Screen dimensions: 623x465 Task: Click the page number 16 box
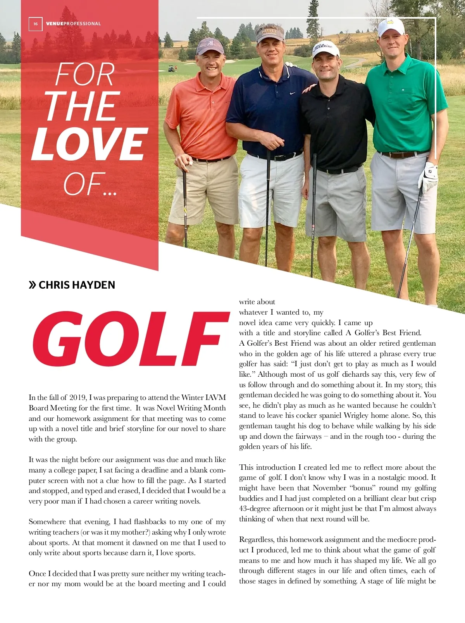35,24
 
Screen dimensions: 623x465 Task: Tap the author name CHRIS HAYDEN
77,285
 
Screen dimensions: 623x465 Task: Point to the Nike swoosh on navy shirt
293,93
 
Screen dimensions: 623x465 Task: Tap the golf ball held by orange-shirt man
190,163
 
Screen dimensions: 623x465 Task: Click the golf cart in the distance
171,69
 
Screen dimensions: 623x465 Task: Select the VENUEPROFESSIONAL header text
73,24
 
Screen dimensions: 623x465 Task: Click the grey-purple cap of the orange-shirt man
210,45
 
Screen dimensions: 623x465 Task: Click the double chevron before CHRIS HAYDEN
33,286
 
